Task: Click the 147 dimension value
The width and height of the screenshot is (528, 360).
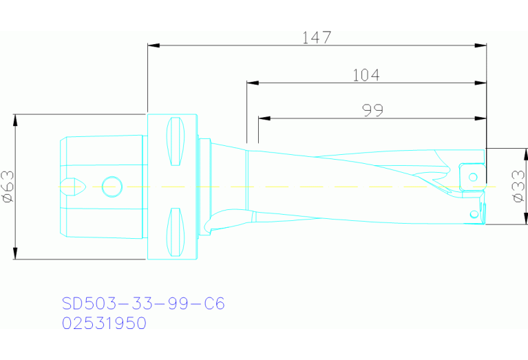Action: click(x=317, y=38)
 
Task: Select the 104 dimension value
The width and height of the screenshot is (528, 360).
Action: click(x=366, y=75)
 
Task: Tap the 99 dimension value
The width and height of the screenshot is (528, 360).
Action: click(x=371, y=109)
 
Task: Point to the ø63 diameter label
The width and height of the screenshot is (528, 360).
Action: click(x=8, y=187)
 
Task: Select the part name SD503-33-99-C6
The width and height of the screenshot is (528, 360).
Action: click(x=143, y=304)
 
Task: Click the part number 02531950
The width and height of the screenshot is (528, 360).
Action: click(x=104, y=323)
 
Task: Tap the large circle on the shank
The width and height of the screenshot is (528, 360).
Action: click(x=112, y=186)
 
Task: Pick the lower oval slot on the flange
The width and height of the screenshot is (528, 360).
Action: click(x=176, y=231)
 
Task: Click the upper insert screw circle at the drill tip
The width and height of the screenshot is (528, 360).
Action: click(x=473, y=177)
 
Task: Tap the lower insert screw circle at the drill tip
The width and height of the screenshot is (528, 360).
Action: click(x=474, y=214)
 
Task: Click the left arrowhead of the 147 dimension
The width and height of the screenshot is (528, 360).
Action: click(x=154, y=45)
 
